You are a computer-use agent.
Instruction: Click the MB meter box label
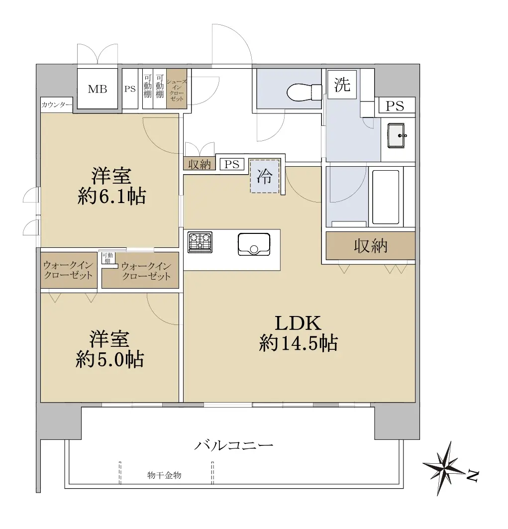point(98,89)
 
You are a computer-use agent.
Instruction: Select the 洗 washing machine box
point(342,84)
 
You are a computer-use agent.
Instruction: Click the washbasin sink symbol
point(397,136)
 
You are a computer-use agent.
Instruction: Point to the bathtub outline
point(386,198)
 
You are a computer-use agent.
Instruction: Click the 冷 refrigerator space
point(265,176)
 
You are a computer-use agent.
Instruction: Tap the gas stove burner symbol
point(200,242)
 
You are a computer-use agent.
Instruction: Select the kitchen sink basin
point(254,244)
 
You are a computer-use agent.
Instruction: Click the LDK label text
point(298,323)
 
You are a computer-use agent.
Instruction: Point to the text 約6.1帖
point(111,197)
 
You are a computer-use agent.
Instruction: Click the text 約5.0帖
point(110,359)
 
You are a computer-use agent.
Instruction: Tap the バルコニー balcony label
point(234,446)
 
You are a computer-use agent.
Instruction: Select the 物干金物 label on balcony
point(164,475)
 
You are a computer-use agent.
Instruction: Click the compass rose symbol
point(444,468)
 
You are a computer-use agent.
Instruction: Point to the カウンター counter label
point(57,105)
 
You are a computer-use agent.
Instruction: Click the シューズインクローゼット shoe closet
point(177,89)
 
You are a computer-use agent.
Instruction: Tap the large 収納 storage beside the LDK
point(370,246)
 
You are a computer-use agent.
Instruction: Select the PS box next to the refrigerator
point(232,164)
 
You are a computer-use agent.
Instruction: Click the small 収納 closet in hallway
point(200,164)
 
